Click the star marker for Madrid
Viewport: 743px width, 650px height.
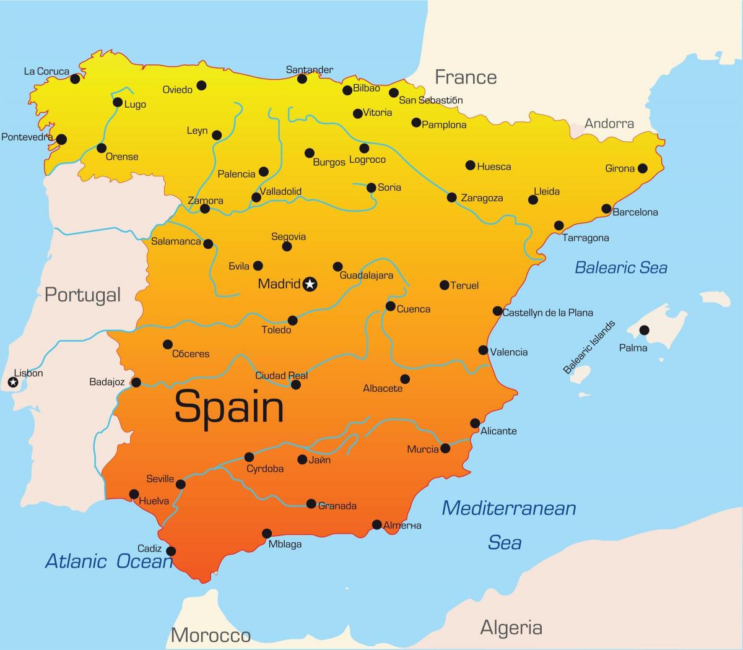310,284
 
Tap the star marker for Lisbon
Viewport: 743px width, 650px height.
13,383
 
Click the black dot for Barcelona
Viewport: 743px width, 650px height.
607,209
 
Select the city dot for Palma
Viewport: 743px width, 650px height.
645,330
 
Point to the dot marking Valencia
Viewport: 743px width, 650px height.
484,350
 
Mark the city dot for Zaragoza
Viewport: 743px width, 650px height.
452,197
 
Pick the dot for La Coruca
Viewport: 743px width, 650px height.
75,79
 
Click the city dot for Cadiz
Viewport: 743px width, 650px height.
171,551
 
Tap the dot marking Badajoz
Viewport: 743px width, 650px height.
136,382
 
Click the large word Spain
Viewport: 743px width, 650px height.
229,407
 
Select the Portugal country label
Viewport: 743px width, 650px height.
82,295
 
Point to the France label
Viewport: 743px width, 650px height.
466,77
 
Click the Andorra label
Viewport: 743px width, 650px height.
609,124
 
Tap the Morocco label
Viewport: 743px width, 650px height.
211,635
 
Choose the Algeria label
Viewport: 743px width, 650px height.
511,628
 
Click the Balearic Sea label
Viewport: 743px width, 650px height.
621,267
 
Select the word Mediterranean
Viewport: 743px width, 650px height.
509,508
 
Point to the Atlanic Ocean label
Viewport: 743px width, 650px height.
109,561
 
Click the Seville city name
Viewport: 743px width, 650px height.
160,479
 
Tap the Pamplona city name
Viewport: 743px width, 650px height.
444,125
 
